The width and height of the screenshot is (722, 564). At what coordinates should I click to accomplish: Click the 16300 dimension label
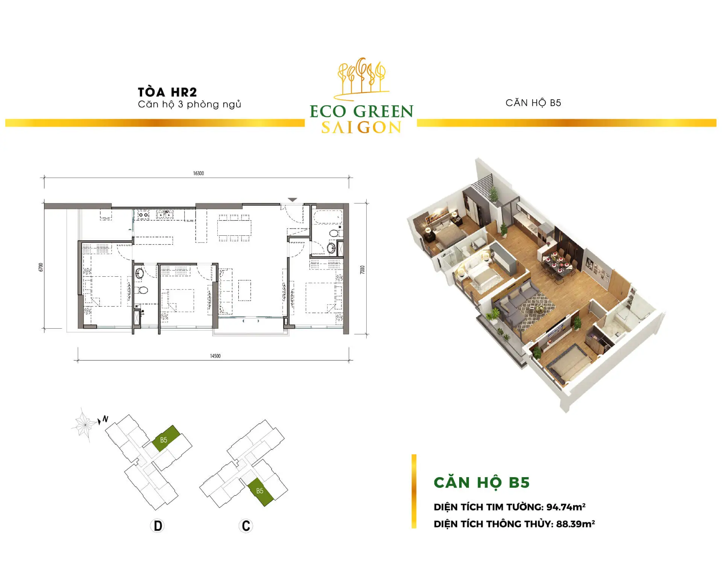tap(198, 173)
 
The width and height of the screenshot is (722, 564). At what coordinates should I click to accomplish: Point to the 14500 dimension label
tap(215, 356)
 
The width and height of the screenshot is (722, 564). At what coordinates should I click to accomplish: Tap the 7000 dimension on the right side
tap(363, 270)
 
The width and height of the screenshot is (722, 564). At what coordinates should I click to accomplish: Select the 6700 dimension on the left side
tap(41, 267)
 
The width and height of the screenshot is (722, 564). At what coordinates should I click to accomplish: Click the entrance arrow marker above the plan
tap(293, 200)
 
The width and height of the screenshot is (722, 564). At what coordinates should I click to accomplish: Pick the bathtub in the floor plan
tap(328, 217)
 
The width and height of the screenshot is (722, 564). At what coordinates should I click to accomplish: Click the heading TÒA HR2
tap(167, 92)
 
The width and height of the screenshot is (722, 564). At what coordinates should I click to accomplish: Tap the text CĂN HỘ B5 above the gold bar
tap(533, 103)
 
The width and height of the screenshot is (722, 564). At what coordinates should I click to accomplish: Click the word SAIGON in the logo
tap(361, 128)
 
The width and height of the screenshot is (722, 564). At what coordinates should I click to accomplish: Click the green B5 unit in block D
tap(166, 438)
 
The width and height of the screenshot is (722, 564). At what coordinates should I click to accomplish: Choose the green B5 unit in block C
tap(261, 492)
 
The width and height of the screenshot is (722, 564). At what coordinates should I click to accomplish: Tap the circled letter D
tap(158, 525)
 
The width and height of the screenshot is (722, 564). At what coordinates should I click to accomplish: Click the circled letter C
tap(246, 525)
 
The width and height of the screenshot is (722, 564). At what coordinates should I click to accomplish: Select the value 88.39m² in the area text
tap(575, 524)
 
